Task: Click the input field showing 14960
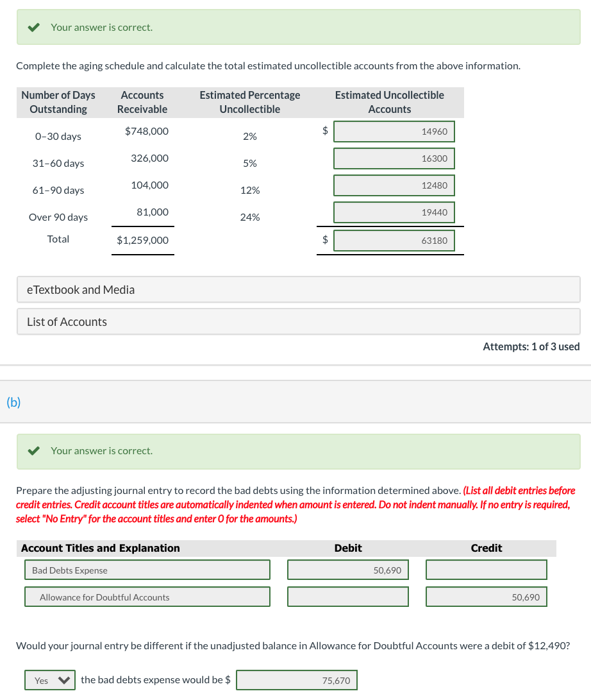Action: pyautogui.click(x=394, y=132)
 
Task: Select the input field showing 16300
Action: pyautogui.click(x=394, y=158)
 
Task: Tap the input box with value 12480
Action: pyautogui.click(x=394, y=185)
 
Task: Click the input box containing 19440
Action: pyautogui.click(x=394, y=212)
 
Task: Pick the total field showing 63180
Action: pyautogui.click(x=394, y=241)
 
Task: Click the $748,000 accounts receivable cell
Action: pyautogui.click(x=147, y=131)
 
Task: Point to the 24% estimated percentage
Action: pyautogui.click(x=250, y=217)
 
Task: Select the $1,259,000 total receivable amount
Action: pyautogui.click(x=143, y=241)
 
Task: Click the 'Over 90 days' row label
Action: pyautogui.click(x=58, y=217)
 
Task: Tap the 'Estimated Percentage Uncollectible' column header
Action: pyautogui.click(x=250, y=102)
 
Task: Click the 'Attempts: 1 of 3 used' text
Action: pyautogui.click(x=531, y=346)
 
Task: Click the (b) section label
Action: pyautogui.click(x=13, y=402)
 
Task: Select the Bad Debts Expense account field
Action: pyautogui.click(x=147, y=570)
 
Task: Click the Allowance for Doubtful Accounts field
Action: pyautogui.click(x=147, y=597)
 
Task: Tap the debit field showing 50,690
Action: pyautogui.click(x=347, y=570)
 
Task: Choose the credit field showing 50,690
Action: pyautogui.click(x=486, y=597)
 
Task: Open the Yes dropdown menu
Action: pyautogui.click(x=50, y=680)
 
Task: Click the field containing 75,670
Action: pyautogui.click(x=297, y=680)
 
